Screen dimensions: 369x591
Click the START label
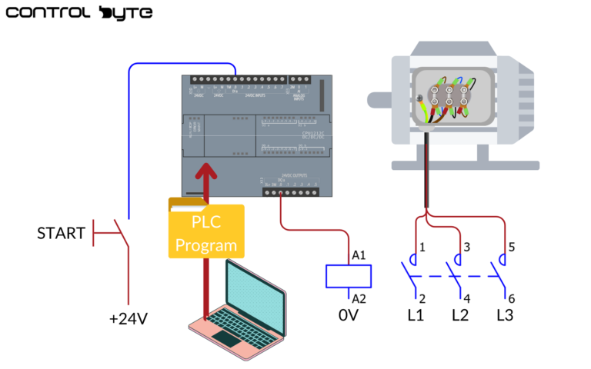(61, 233)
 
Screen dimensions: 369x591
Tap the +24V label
(128, 318)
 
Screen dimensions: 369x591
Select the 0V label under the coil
(349, 315)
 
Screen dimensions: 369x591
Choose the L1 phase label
(416, 315)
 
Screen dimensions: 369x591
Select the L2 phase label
(460, 315)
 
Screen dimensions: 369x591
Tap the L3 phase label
(505, 315)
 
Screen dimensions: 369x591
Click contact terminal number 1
(422, 247)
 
